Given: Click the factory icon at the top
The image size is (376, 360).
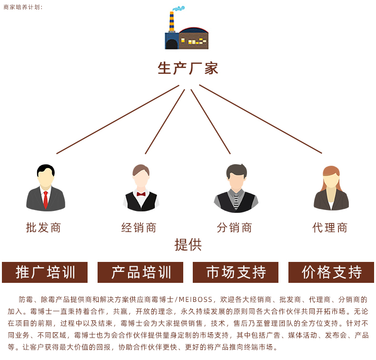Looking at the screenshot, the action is (187, 28).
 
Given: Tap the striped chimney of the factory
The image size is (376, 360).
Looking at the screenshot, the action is (172, 21).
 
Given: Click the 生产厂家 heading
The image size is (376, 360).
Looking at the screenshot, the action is (188, 69).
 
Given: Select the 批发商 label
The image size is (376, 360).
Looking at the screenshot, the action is (43, 228).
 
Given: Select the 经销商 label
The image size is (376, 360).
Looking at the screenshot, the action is (139, 228).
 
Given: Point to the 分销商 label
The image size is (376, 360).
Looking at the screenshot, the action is (234, 228).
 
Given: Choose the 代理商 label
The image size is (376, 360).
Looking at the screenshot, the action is (330, 228).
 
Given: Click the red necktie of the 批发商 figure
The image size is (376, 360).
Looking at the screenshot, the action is (46, 200).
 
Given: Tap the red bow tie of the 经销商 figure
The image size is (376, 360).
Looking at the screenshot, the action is (141, 194).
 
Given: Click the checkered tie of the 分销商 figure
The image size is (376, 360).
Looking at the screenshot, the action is (236, 201).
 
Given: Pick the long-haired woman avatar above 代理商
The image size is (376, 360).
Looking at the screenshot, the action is (331, 188).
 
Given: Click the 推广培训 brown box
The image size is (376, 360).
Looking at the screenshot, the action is (45, 272).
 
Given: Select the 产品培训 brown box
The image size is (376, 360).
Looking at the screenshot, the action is (140, 272).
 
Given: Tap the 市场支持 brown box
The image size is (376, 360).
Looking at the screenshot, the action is (236, 272).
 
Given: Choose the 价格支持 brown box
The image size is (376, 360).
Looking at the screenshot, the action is (331, 272).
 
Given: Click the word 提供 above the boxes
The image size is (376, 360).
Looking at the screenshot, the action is (188, 245).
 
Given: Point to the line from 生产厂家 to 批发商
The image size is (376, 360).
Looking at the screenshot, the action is (118, 120).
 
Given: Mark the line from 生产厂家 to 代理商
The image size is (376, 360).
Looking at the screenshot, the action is (261, 119).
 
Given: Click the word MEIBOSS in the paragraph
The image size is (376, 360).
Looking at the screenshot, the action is (196, 300).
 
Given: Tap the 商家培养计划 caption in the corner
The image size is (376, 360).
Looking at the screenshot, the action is (23, 7).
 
